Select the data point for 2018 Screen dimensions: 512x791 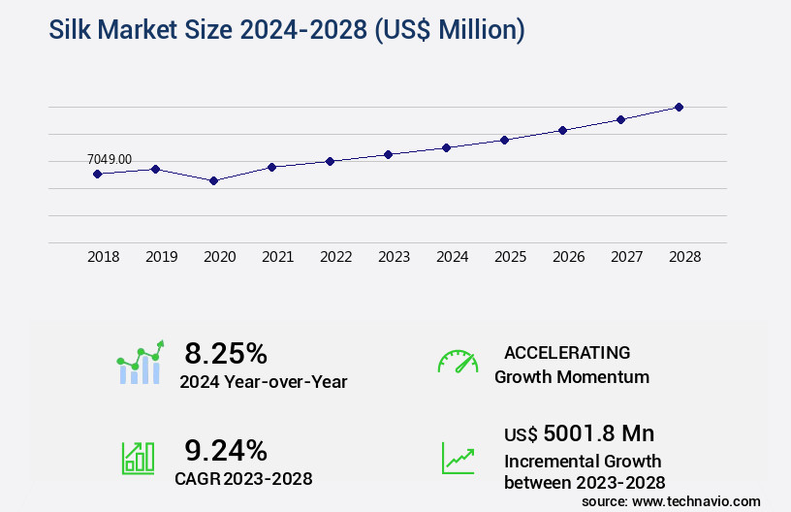coord(97,174)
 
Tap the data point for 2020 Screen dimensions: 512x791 coord(213,180)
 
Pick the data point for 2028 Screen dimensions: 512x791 coord(679,107)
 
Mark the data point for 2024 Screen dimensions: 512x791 coord(446,147)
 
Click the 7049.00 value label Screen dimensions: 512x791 coord(110,159)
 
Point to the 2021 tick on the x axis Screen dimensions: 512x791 coord(277,257)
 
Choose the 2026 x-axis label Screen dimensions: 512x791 coord(568,257)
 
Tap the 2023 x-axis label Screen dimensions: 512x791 coord(394,257)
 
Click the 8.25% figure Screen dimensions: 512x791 coord(226,352)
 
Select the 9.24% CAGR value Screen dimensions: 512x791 coord(226,450)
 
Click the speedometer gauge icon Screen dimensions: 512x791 coord(458,362)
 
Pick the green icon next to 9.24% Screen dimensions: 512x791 coord(138,458)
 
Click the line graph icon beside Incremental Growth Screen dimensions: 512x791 coord(458,458)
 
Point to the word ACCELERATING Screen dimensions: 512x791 coord(567,353)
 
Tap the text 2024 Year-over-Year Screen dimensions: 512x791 coord(263,382)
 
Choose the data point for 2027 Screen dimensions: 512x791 coord(620,119)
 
